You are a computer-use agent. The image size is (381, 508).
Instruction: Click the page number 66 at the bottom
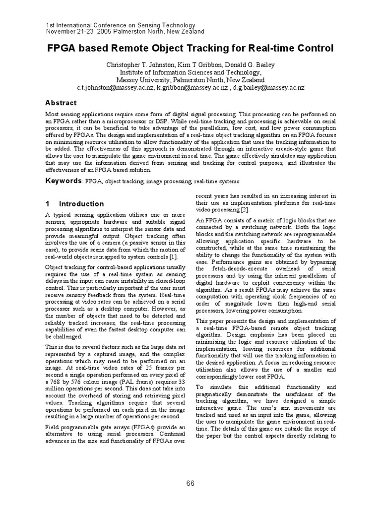click(x=190, y=484)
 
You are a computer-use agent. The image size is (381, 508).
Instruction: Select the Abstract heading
click(x=61, y=103)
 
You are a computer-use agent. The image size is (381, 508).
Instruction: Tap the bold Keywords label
click(x=63, y=181)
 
